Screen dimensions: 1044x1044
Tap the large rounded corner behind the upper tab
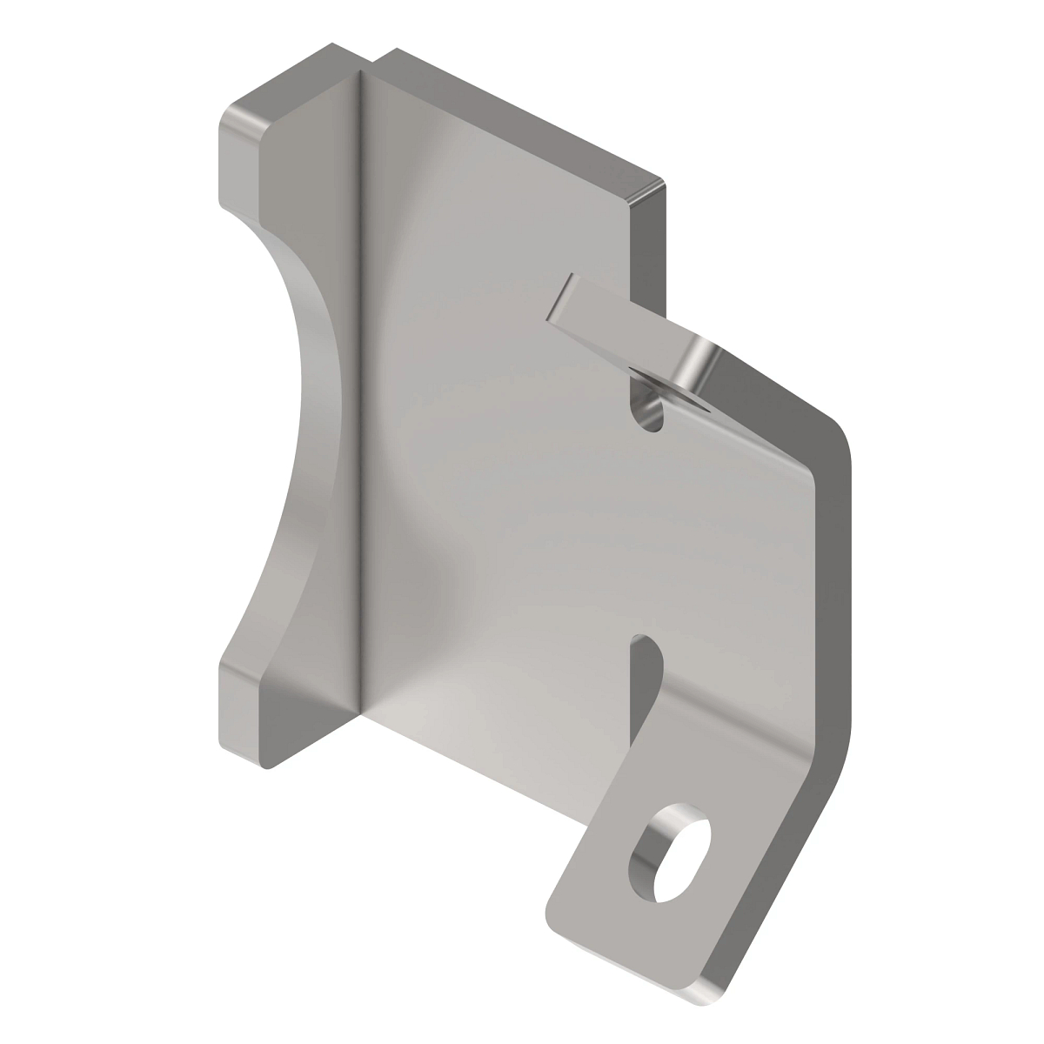click(835, 435)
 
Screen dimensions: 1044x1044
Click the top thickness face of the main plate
click(522, 113)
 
